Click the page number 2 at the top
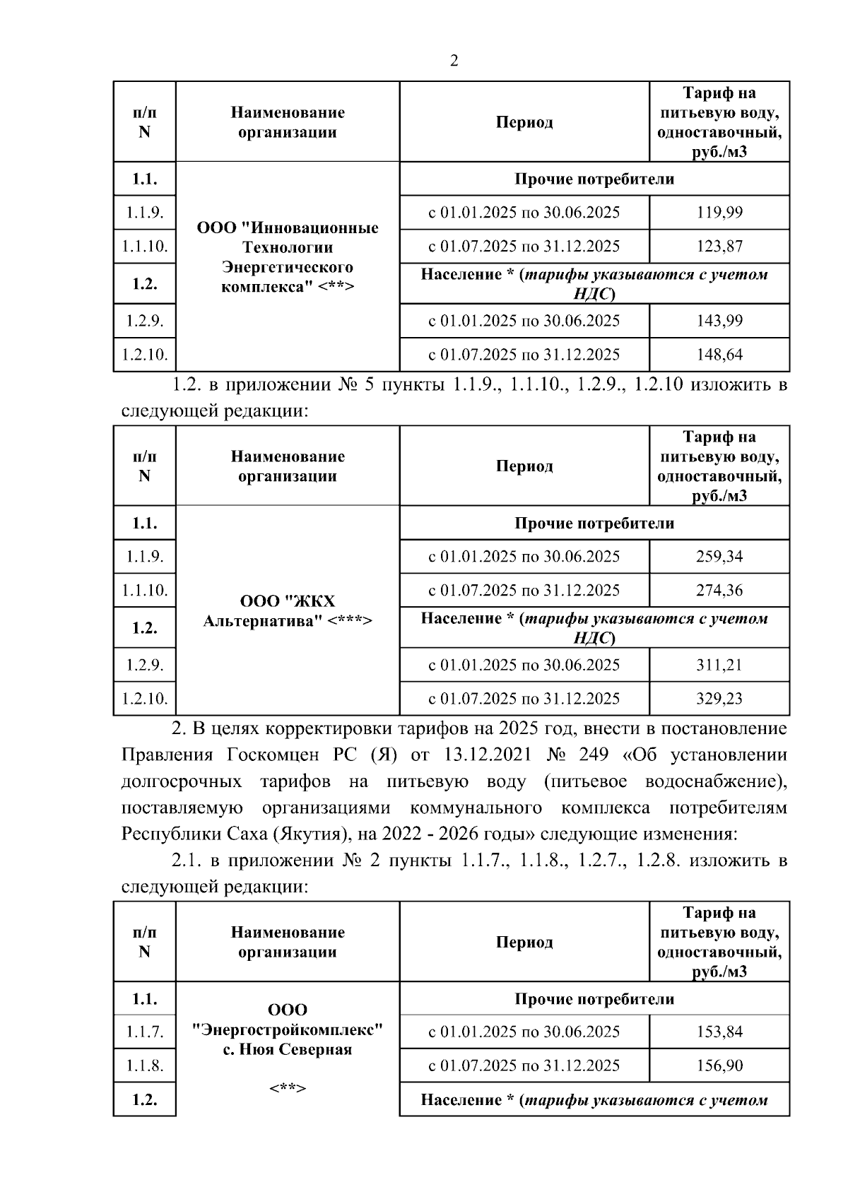454,61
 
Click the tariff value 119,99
719,213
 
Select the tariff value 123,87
719,247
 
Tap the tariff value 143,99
719,321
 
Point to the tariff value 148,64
719,355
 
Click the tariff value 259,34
719,557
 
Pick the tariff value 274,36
719,591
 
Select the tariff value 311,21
719,665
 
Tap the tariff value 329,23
719,699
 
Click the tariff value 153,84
719,1032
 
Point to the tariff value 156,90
719,1065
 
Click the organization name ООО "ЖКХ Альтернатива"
288,611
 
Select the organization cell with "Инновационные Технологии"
288,257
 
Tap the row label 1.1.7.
145,1032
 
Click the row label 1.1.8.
145,1065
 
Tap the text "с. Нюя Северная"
288,1049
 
